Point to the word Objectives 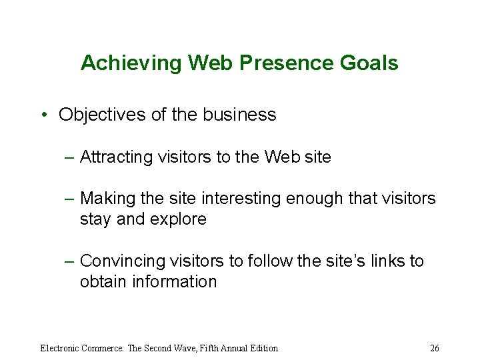pos(102,115)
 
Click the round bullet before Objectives pos(43,115)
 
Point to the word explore pos(180,219)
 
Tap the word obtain pos(99,281)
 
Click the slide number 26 pos(435,348)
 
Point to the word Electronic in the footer pos(61,348)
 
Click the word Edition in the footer pos(262,348)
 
